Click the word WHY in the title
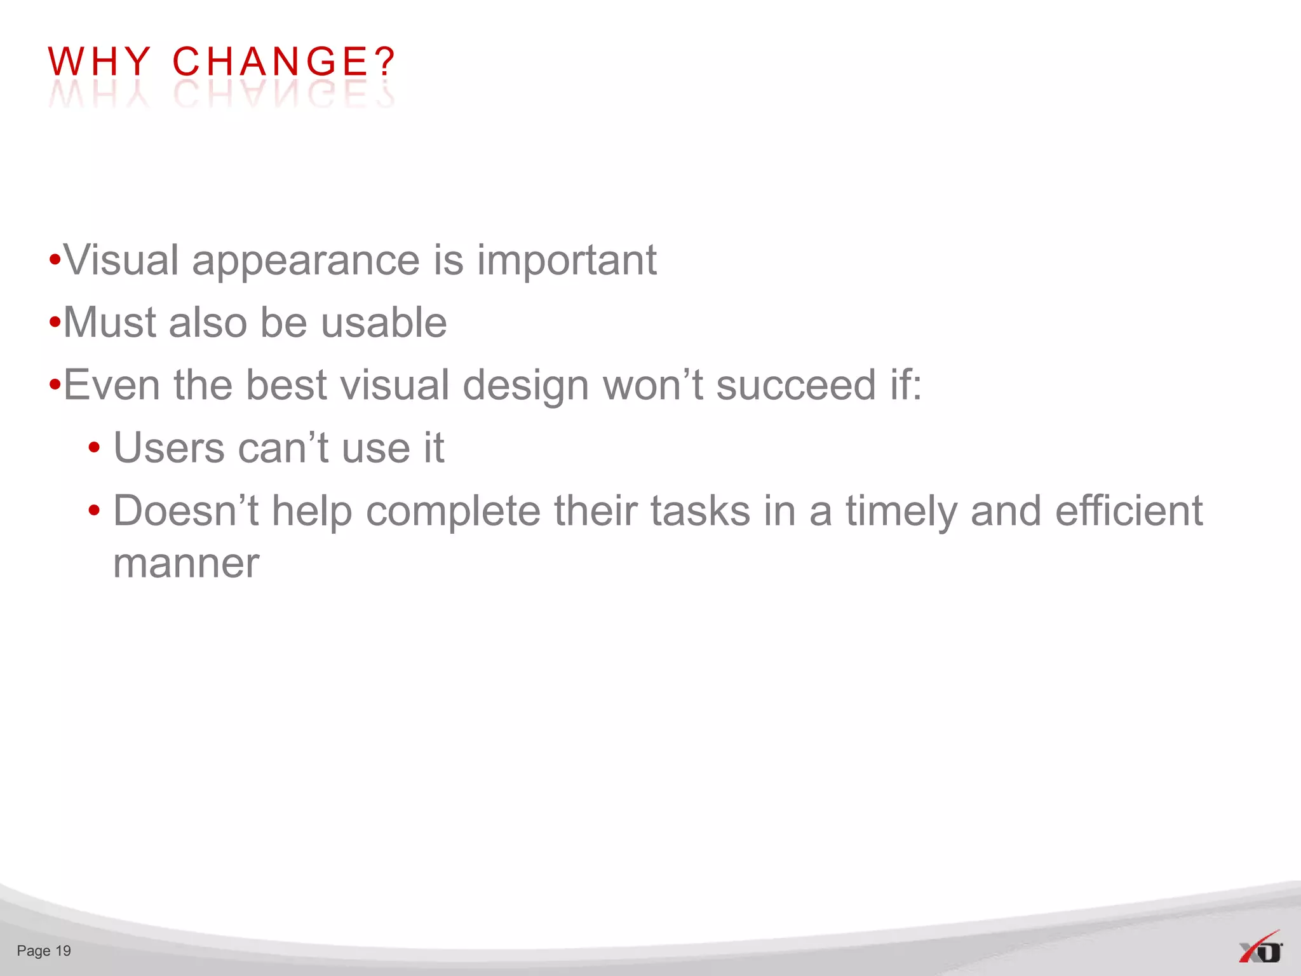(99, 62)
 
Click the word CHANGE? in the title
(284, 62)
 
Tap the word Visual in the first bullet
(121, 261)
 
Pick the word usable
(384, 323)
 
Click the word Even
(111, 386)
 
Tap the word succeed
(796, 386)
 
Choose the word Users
(168, 448)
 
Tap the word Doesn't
(185, 511)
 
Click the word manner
(186, 564)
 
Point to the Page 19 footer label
(44, 951)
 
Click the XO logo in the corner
(1260, 949)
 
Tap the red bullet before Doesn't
(94, 511)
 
